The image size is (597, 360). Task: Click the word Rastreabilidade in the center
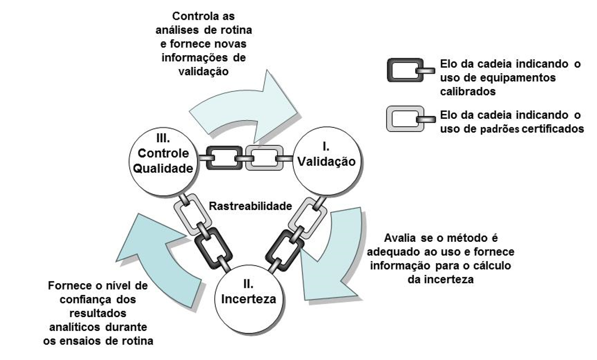pyautogui.click(x=251, y=206)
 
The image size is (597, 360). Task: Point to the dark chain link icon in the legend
pyautogui.click(x=404, y=71)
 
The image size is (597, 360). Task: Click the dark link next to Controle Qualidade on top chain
pyautogui.click(x=221, y=158)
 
